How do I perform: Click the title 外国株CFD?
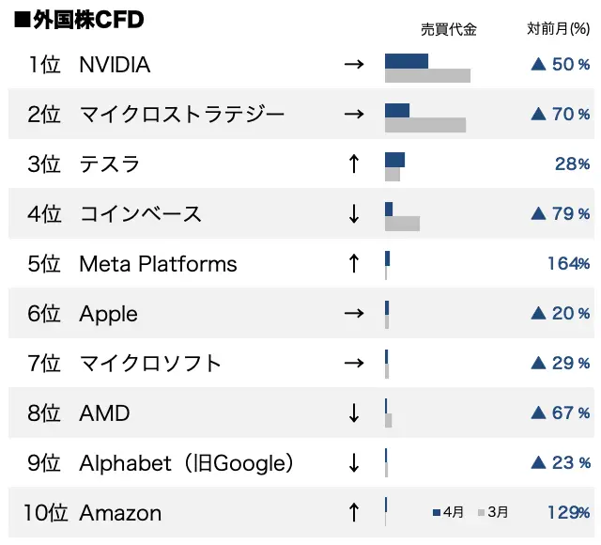pyautogui.click(x=79, y=20)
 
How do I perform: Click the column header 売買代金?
pyautogui.click(x=449, y=29)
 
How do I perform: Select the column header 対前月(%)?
pyautogui.click(x=558, y=29)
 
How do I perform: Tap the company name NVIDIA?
pyautogui.click(x=115, y=66)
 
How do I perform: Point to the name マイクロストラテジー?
pyautogui.click(x=181, y=115)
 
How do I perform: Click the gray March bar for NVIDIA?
pyautogui.click(x=427, y=76)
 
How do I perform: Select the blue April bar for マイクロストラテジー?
pyautogui.click(x=397, y=110)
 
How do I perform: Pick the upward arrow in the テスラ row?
pyautogui.click(x=353, y=164)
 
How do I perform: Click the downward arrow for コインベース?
pyautogui.click(x=353, y=214)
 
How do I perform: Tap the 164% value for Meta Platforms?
pyautogui.click(x=568, y=264)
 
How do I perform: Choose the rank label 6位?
pyautogui.click(x=43, y=314)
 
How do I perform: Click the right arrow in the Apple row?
pyautogui.click(x=353, y=314)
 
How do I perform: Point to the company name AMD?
pyautogui.click(x=104, y=413)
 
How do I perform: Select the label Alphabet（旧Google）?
pyautogui.click(x=187, y=463)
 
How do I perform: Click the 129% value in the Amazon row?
pyautogui.click(x=568, y=513)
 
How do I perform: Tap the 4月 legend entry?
pyautogui.click(x=449, y=513)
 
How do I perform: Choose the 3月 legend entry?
pyautogui.click(x=494, y=513)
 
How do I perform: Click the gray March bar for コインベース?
pyautogui.click(x=402, y=224)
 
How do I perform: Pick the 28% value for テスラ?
pyautogui.click(x=572, y=164)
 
